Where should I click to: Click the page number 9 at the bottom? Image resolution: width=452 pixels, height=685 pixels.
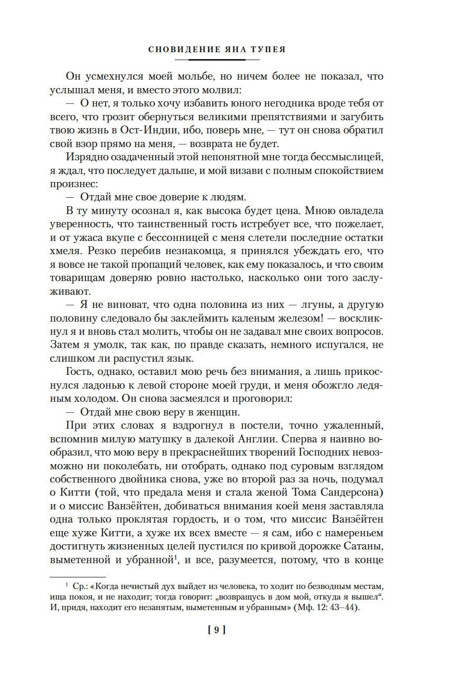click(x=216, y=629)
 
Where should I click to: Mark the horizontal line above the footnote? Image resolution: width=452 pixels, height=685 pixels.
click(x=78, y=576)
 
